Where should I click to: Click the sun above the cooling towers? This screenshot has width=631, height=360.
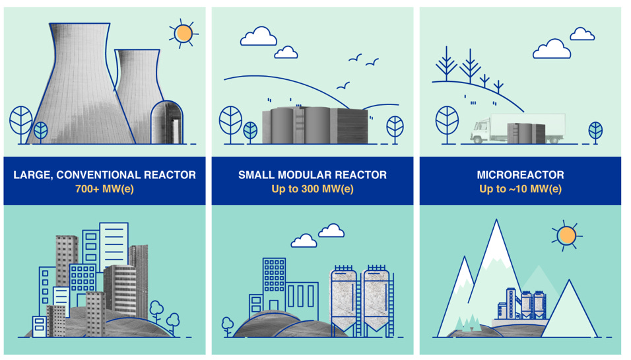pyautogui.click(x=183, y=33)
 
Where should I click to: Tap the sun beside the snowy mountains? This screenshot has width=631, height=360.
pyautogui.click(x=566, y=235)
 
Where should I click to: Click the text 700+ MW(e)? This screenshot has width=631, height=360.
pyautogui.click(x=104, y=189)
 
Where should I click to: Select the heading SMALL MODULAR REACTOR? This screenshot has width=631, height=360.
pyautogui.click(x=312, y=175)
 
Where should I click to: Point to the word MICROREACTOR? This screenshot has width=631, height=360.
pyautogui.click(x=520, y=175)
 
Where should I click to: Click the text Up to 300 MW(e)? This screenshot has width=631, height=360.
pyautogui.click(x=312, y=189)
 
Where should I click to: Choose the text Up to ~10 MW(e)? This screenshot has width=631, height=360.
pyautogui.click(x=520, y=189)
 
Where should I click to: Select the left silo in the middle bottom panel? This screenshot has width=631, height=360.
pyautogui.click(x=343, y=297)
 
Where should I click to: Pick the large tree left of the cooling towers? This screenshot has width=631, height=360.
pyautogui.click(x=21, y=120)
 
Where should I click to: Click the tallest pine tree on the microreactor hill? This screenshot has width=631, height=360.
pyautogui.click(x=470, y=66)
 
